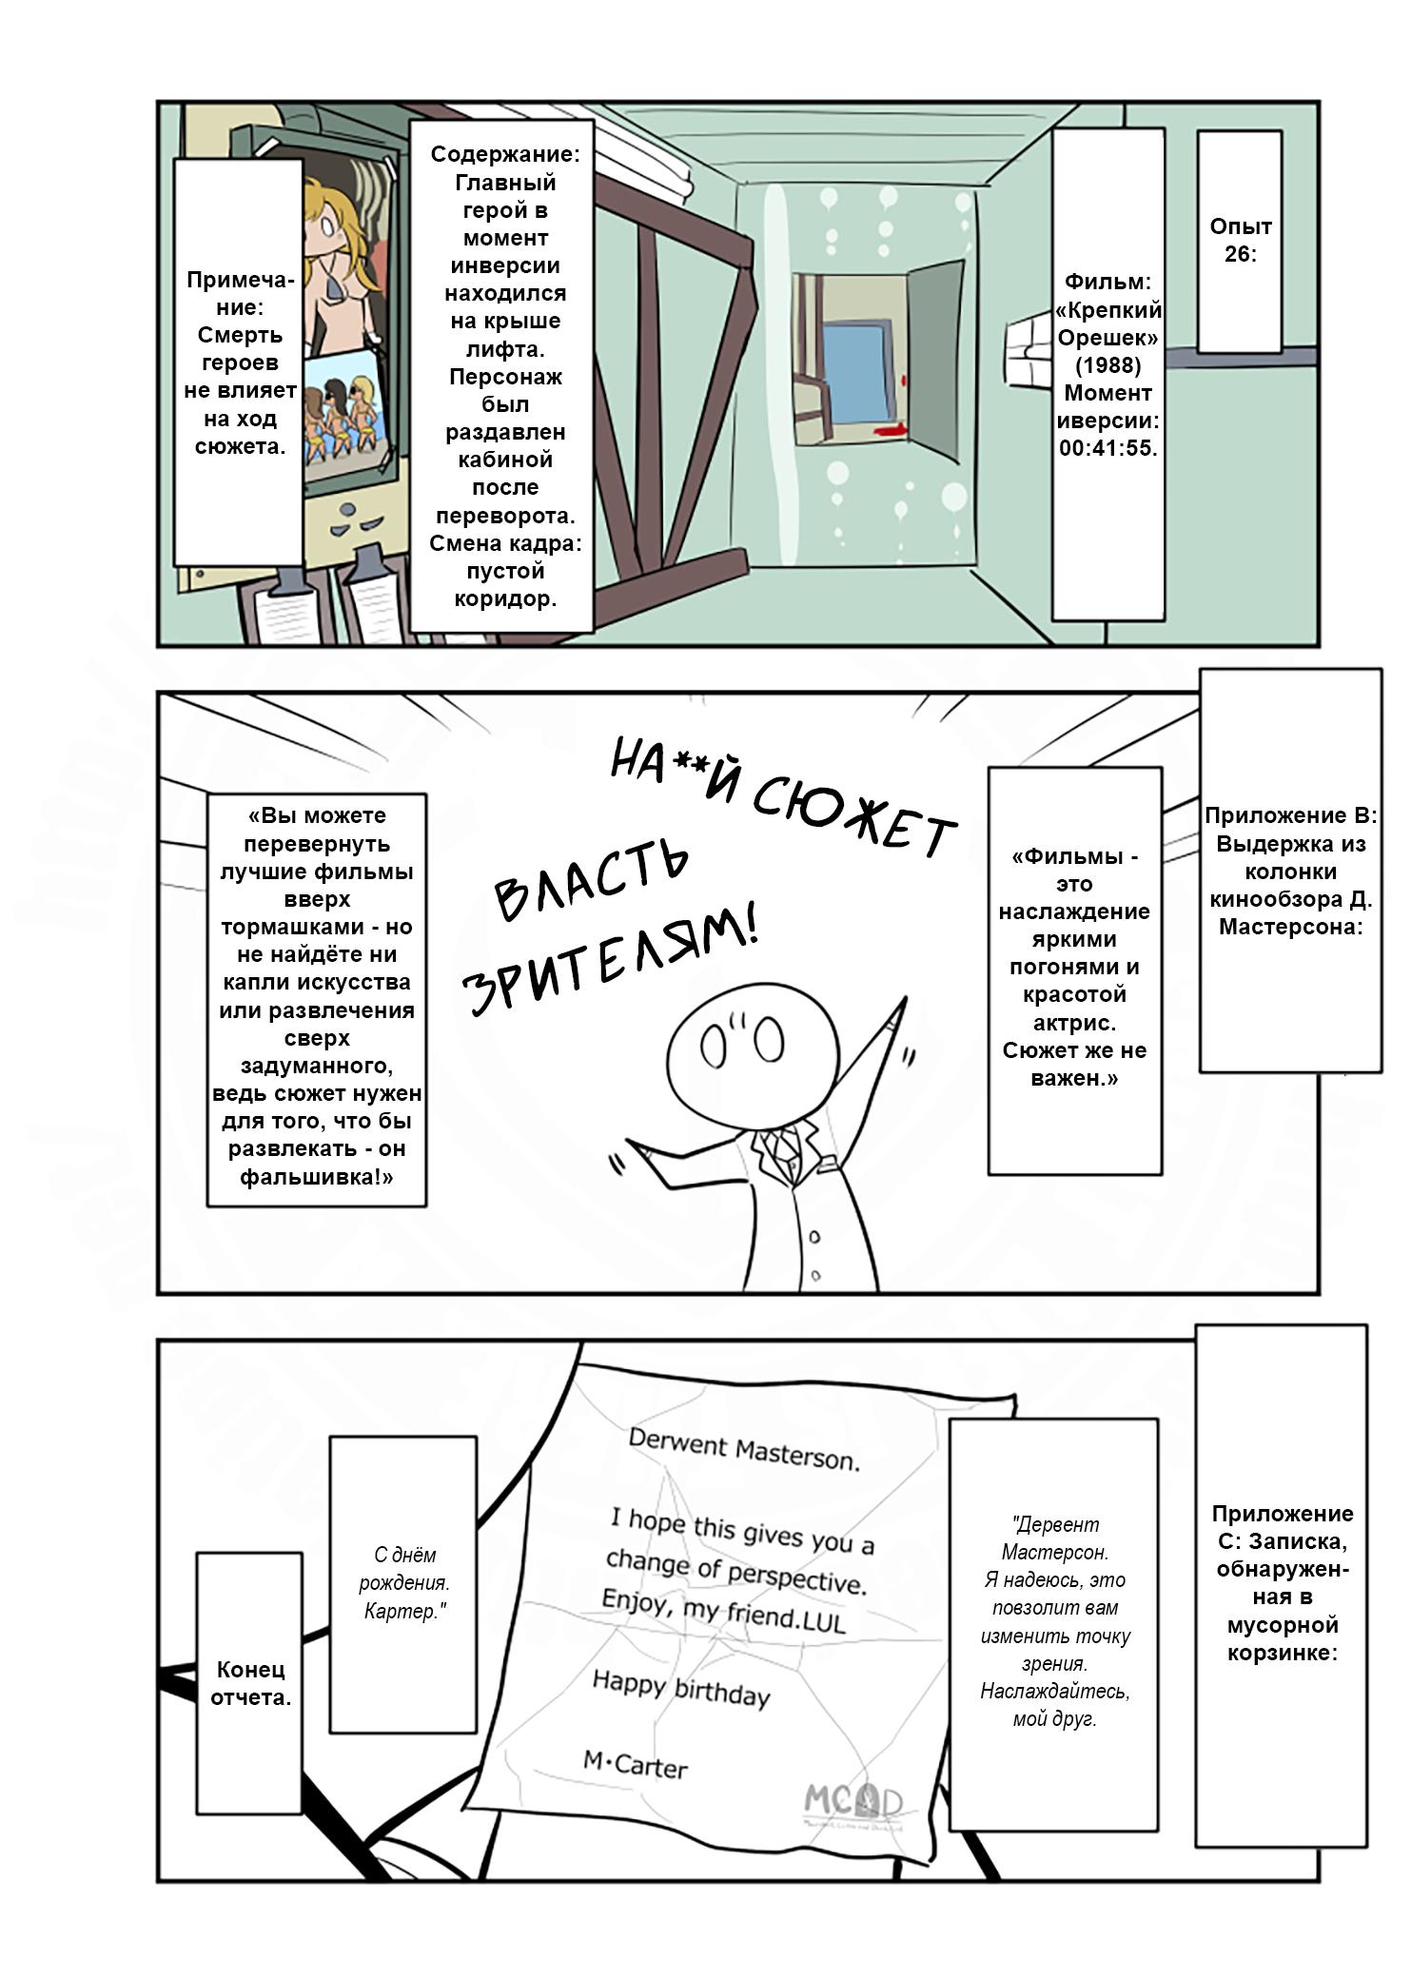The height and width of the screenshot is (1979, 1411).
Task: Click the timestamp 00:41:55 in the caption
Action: pyautogui.click(x=1107, y=448)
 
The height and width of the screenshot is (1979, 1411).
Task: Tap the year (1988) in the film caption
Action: pyautogui.click(x=1107, y=364)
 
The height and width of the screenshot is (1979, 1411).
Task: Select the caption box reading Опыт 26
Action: pyautogui.click(x=1240, y=241)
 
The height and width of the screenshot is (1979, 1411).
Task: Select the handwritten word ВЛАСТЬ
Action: pyautogui.click(x=590, y=881)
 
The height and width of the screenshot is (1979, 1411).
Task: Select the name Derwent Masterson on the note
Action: pyautogui.click(x=744, y=1450)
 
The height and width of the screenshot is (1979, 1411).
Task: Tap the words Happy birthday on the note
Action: pyautogui.click(x=681, y=1688)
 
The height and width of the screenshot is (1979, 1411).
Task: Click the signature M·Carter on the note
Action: pyautogui.click(x=636, y=1765)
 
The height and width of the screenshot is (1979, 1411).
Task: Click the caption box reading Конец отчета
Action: pyautogui.click(x=249, y=1683)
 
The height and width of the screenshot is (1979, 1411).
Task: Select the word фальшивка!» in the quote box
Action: pyautogui.click(x=317, y=1177)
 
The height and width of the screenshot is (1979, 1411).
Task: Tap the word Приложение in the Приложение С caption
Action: pyautogui.click(x=1282, y=1514)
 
